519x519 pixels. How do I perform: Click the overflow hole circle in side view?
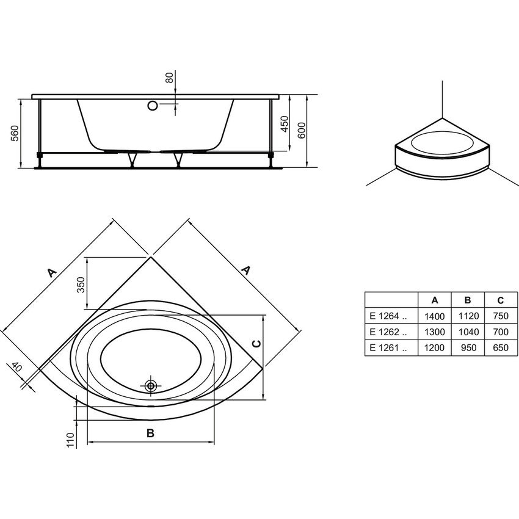click(152, 106)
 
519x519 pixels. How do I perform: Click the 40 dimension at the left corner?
click(16, 368)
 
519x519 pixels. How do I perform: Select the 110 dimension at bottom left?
click(70, 440)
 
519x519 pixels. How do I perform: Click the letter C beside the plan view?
click(257, 344)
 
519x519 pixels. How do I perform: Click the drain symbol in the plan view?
click(151, 385)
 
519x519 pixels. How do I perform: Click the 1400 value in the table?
click(434, 316)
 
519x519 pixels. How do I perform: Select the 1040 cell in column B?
click(467, 332)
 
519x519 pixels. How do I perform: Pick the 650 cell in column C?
click(500, 348)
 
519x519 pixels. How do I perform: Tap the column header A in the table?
click(434, 300)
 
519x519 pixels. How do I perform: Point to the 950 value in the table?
click(467, 348)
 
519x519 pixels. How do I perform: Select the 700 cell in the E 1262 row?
click(500, 332)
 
